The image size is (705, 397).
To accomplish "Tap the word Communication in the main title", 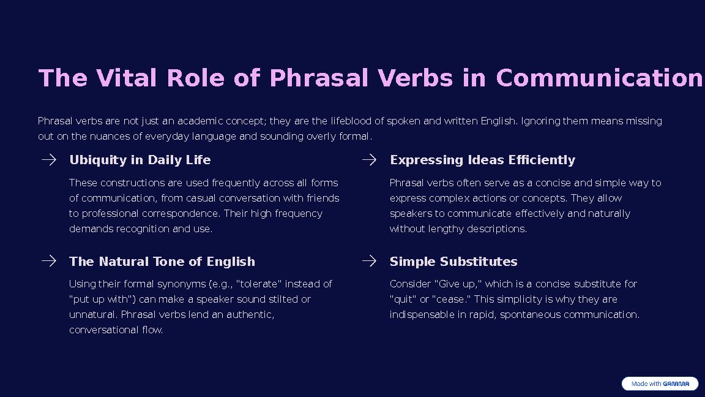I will pyautogui.click(x=599, y=78).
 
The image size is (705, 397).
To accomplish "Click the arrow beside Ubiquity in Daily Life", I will pyautogui.click(x=49, y=160).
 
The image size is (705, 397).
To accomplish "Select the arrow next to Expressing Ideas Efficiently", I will pyautogui.click(x=369, y=160).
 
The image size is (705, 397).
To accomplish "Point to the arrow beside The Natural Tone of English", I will pyautogui.click(x=49, y=261).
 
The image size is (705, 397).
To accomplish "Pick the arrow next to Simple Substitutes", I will pyautogui.click(x=369, y=261).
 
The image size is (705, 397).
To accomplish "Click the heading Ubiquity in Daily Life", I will pyautogui.click(x=140, y=160).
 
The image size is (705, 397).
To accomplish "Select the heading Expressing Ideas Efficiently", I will pyautogui.click(x=482, y=160).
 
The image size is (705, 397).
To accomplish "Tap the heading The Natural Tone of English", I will pyautogui.click(x=162, y=262).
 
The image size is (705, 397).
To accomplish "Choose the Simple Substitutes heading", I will pyautogui.click(x=453, y=262).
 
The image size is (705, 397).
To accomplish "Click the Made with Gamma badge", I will pyautogui.click(x=660, y=384).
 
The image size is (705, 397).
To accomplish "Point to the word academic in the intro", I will pyautogui.click(x=200, y=121).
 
